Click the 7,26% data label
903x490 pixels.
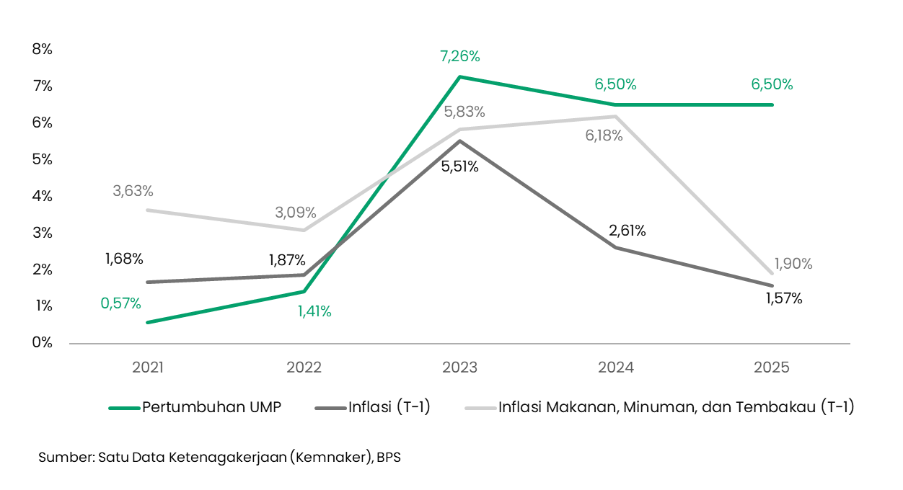(460, 56)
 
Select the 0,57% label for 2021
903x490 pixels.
(120, 303)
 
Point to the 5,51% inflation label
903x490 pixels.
(460, 166)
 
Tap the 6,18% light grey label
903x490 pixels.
(604, 135)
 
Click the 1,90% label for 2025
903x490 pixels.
(793, 264)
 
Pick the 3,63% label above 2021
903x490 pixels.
(133, 191)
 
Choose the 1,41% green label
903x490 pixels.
(314, 311)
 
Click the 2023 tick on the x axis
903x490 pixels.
(460, 367)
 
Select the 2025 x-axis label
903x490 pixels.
(772, 367)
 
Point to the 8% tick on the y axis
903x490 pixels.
(43, 49)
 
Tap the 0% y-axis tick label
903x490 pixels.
(43, 342)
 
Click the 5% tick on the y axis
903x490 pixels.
(43, 159)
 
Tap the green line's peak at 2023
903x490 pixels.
(460, 77)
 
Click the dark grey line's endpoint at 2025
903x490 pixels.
(772, 285)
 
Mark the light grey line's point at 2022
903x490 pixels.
(304, 230)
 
